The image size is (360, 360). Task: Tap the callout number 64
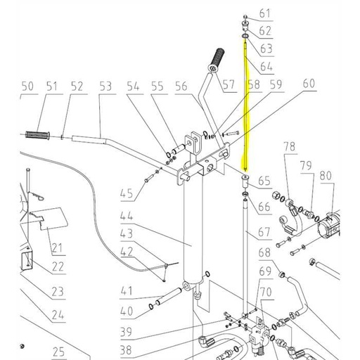click(x=264, y=66)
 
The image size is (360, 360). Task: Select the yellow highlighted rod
click(x=245, y=105)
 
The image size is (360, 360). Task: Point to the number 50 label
click(x=27, y=86)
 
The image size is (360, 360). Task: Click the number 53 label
click(x=105, y=86)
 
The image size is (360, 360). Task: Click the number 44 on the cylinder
click(x=127, y=216)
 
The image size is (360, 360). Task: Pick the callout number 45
click(x=127, y=194)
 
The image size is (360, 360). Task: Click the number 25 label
click(x=58, y=352)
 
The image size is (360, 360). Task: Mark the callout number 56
click(x=182, y=86)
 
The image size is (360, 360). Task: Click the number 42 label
click(x=127, y=252)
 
